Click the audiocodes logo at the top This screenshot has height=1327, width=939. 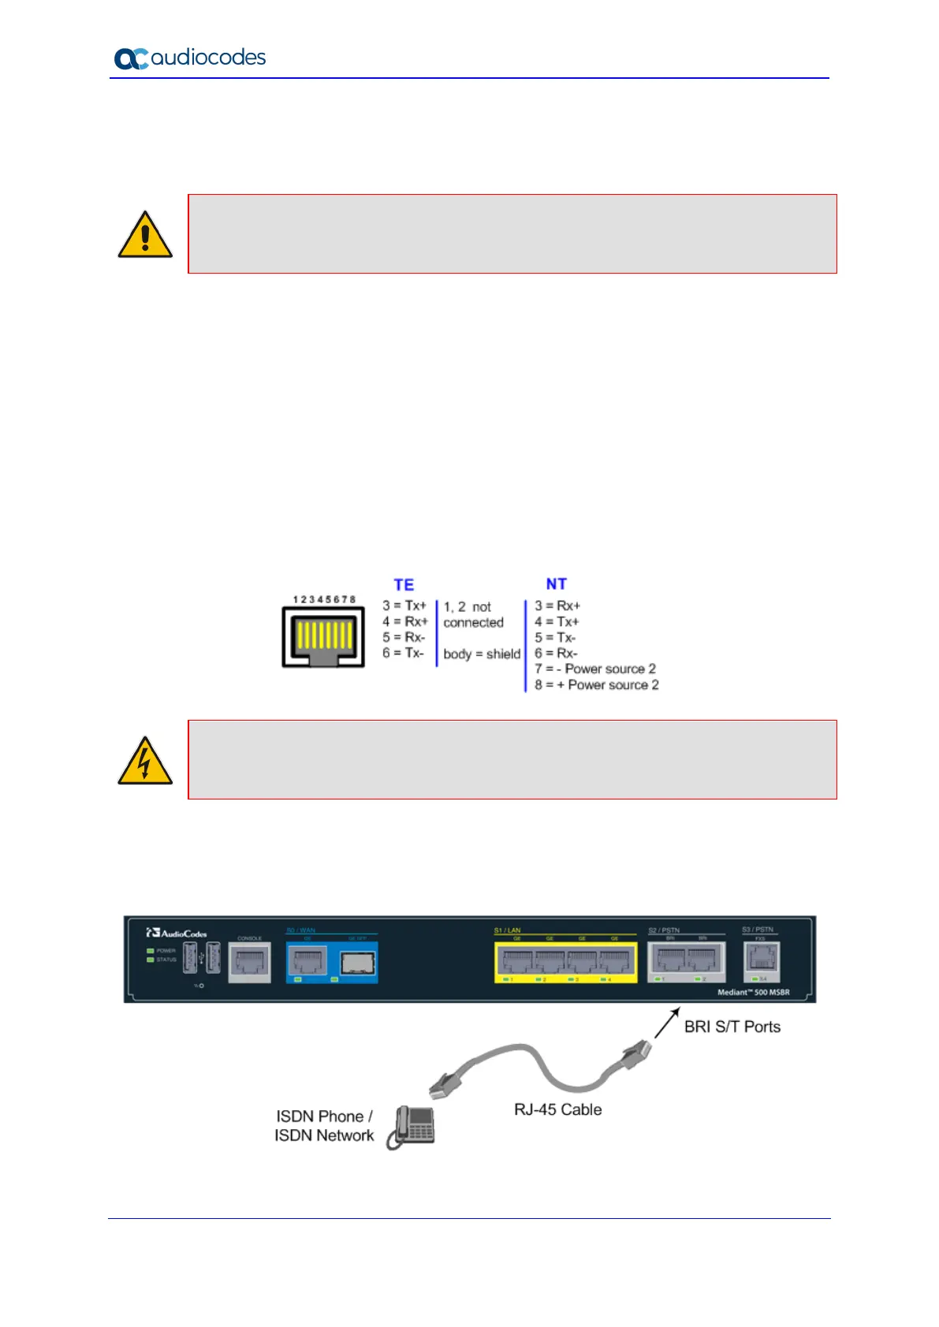pos(190,58)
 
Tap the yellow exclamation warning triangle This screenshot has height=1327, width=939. pos(145,235)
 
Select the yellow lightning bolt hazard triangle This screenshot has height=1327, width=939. pos(145,761)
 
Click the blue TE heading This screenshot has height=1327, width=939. pos(404,585)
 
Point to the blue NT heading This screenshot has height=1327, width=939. pos(556,584)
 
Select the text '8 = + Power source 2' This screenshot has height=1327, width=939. pos(596,685)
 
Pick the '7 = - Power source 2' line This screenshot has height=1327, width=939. pos(594,669)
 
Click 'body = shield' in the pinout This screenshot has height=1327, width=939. pos(482,654)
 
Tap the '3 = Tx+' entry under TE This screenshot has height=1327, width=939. pos(404,606)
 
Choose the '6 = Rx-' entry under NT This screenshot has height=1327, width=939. pos(556,653)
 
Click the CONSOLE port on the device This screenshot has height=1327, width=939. pos(249,962)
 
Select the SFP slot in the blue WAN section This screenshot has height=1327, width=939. pos(358,963)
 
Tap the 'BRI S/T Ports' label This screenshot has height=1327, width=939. pos(732,1027)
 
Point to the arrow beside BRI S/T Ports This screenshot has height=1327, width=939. pos(666,1022)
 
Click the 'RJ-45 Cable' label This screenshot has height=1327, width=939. pos(557,1109)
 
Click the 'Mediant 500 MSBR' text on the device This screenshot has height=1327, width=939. pos(753,992)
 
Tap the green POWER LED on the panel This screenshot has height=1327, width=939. pos(150,951)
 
